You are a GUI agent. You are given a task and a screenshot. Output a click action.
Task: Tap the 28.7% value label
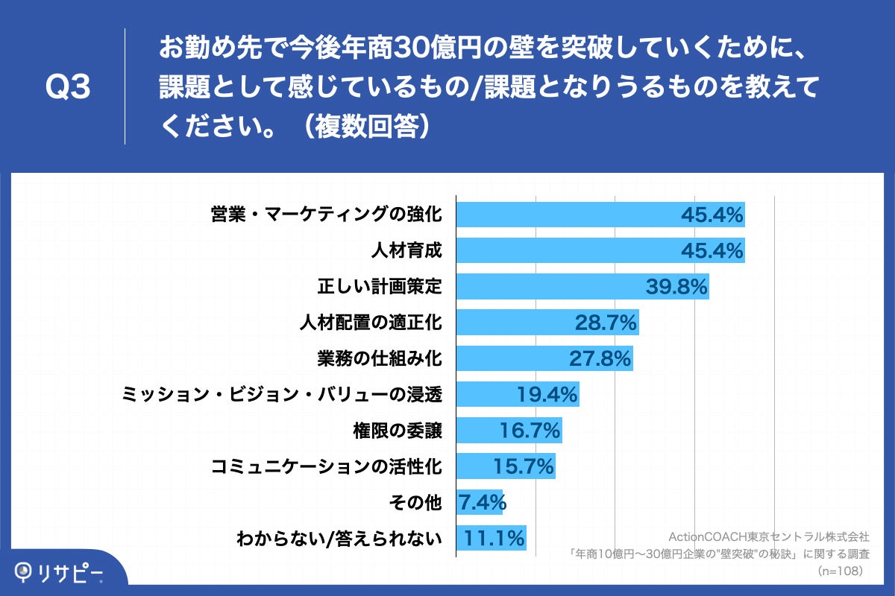coord(605,323)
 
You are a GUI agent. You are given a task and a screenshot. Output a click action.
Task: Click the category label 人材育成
coord(406,251)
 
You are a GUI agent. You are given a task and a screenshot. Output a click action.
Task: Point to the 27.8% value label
coord(600,358)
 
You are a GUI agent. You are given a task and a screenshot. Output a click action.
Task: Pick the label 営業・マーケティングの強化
coord(326,215)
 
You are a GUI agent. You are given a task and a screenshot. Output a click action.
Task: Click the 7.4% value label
coord(481,501)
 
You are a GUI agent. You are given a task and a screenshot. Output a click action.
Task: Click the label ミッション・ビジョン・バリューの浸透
coord(282,394)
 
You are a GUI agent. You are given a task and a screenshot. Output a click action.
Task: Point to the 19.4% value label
coord(547,395)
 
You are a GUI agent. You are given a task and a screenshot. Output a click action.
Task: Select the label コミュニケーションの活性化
coord(327,466)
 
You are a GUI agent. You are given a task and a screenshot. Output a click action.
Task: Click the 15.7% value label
coord(524,466)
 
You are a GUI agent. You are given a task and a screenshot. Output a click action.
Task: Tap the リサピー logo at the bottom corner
coord(60,572)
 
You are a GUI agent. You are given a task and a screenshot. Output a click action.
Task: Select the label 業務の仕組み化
coord(380,358)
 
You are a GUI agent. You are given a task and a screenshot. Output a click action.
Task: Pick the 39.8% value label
coord(676,287)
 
